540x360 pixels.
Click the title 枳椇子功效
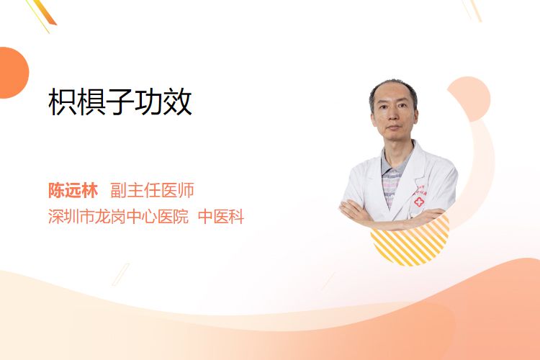(x=120, y=102)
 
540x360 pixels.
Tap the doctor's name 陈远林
(x=73, y=190)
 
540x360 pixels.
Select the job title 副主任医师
(x=152, y=190)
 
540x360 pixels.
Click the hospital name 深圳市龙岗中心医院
(x=118, y=216)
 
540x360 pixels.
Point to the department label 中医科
(x=221, y=216)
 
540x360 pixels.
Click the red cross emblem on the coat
(x=419, y=202)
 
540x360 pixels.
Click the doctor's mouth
(x=393, y=128)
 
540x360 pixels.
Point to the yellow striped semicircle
(x=410, y=244)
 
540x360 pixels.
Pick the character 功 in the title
(x=149, y=102)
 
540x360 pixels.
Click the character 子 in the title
(x=120, y=102)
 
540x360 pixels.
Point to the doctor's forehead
(x=392, y=95)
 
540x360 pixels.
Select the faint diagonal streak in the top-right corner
(x=472, y=10)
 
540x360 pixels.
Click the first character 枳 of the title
(x=63, y=102)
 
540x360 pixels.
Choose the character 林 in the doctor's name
(x=90, y=190)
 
